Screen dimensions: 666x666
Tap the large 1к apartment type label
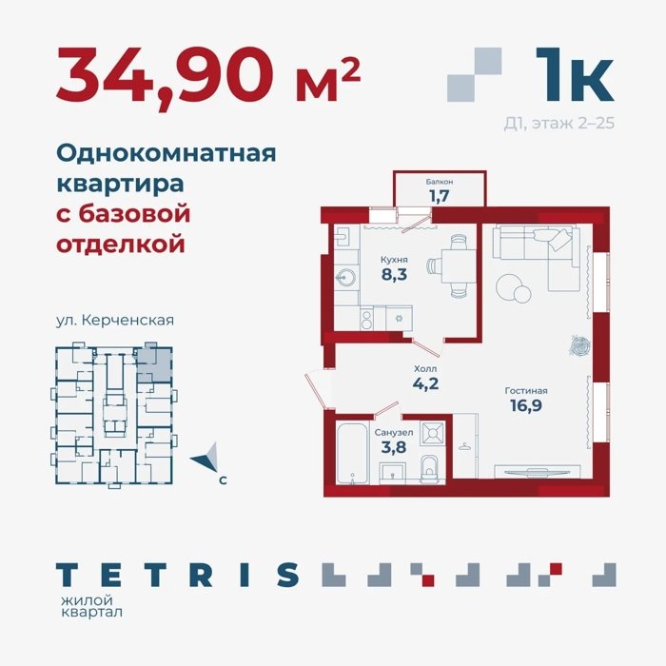(x=574, y=74)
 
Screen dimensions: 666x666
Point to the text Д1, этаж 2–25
(x=559, y=123)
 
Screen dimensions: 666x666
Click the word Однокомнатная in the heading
(x=166, y=153)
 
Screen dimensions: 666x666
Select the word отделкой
(x=121, y=245)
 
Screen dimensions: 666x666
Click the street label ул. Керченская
(x=115, y=320)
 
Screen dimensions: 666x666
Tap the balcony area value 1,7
(x=440, y=196)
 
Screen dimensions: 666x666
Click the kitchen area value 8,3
(x=394, y=274)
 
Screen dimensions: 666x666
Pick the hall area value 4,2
(x=425, y=384)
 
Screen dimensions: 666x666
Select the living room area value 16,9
(x=526, y=405)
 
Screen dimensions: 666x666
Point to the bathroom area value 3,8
(x=394, y=447)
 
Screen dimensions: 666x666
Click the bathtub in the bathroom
(x=352, y=453)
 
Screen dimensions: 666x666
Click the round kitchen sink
(x=345, y=278)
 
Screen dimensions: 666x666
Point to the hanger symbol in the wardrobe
(x=464, y=446)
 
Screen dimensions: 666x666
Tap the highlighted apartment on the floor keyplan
(x=154, y=365)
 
